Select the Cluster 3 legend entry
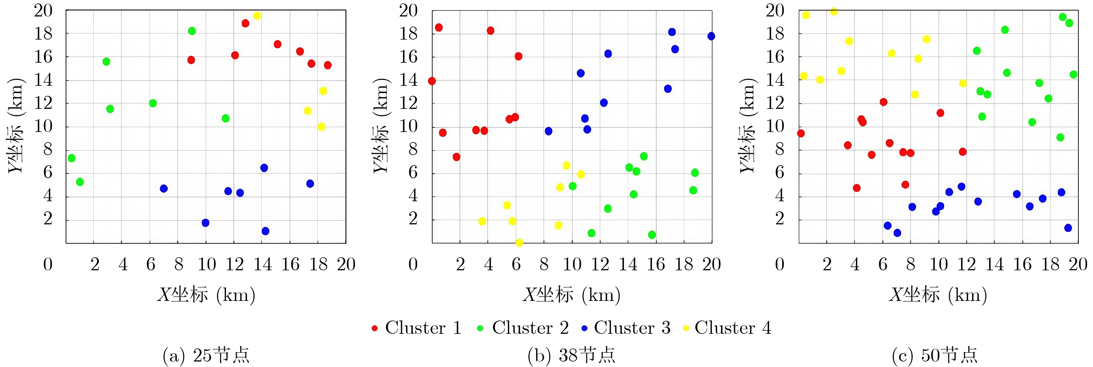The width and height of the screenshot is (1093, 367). (626, 328)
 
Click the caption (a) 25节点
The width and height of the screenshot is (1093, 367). (206, 355)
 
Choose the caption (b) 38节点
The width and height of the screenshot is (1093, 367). (571, 355)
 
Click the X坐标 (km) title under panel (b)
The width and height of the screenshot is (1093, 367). (571, 295)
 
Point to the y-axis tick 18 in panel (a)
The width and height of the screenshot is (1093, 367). (43, 33)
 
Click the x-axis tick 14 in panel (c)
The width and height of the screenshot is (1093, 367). (994, 264)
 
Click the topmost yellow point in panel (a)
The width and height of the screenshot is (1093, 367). (257, 16)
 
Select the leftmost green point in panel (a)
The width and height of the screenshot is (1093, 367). (72, 158)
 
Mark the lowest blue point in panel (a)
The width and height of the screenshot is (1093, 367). (266, 231)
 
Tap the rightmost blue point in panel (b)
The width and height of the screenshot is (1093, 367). (711, 36)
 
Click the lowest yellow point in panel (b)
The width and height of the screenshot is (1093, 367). (519, 243)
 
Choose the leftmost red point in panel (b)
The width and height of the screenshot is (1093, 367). (432, 81)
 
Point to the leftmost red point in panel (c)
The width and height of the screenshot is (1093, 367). (801, 133)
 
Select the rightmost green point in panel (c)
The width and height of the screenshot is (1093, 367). (1073, 74)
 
